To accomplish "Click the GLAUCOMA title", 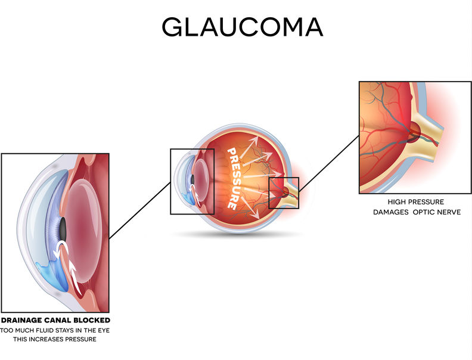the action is click(243, 27).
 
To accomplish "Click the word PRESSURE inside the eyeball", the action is click(235, 178).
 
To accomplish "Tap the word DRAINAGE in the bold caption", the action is click(21, 320).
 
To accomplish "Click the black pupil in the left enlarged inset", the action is click(63, 228).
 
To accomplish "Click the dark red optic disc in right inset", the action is click(415, 131).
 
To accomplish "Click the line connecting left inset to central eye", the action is click(139, 210).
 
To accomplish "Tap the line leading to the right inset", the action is click(329, 163).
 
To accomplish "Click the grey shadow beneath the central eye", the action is click(238, 234).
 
